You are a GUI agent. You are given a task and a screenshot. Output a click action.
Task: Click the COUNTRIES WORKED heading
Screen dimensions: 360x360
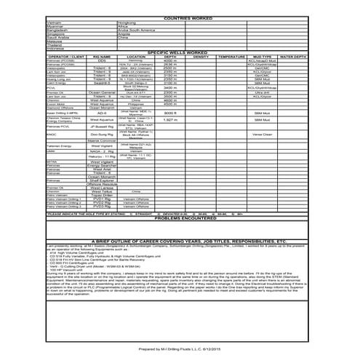pos(179,17)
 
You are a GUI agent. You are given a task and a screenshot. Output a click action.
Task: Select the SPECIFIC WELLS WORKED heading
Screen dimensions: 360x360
pos(179,52)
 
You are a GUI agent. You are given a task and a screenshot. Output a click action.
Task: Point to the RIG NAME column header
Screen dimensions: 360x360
pos(102,56)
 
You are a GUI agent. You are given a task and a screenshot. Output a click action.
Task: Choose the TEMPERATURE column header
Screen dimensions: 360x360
pos(232,56)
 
